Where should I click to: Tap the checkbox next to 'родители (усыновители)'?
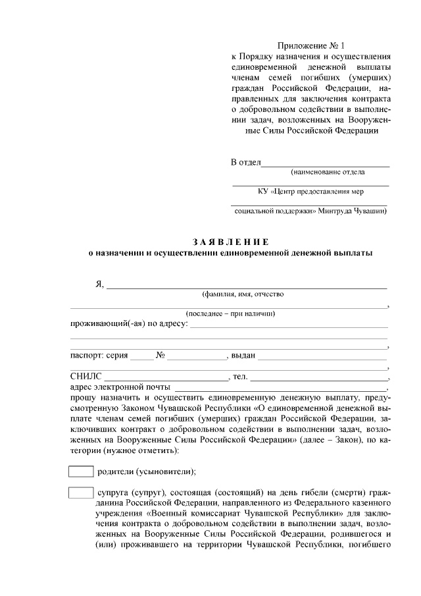[x=81, y=472]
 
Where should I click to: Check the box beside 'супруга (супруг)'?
[x=81, y=493]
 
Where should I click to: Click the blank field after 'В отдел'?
[x=326, y=162]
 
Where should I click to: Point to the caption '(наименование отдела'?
[x=328, y=172]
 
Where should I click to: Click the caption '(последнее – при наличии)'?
[x=230, y=313]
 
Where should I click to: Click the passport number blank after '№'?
[x=195, y=356]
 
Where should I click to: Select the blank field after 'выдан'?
[x=322, y=356]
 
